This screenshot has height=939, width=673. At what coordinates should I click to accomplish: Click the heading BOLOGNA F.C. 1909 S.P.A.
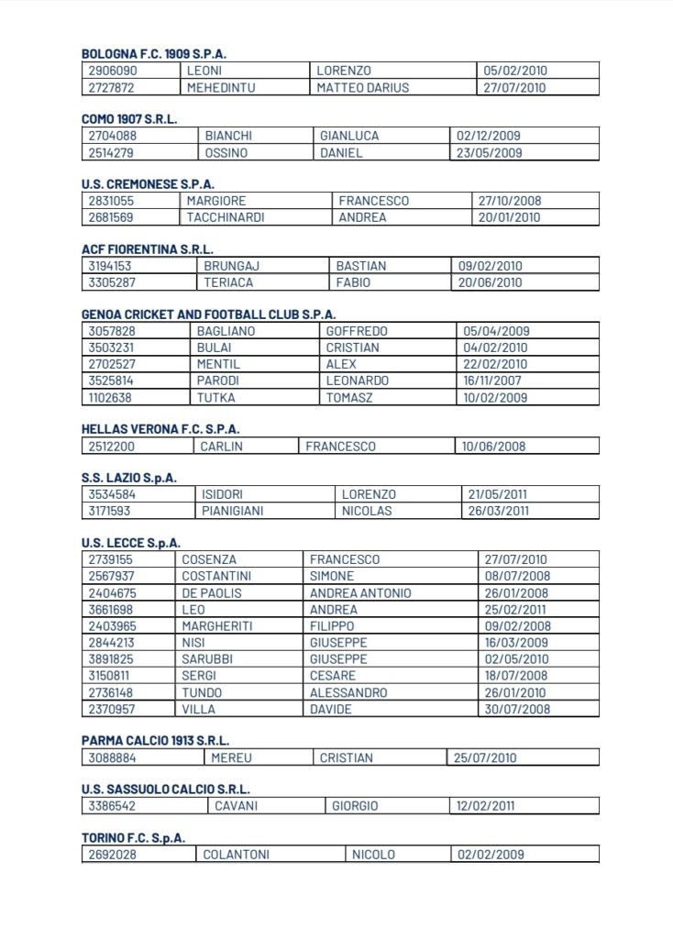[x=154, y=54]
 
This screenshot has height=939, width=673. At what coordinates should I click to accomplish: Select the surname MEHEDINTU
[x=221, y=88]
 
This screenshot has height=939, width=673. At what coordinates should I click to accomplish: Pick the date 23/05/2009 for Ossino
[x=489, y=153]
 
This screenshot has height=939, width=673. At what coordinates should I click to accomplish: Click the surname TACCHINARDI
[x=224, y=218]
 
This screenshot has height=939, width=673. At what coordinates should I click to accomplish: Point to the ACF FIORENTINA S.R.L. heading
[x=147, y=249]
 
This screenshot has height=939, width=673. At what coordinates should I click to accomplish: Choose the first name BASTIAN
[x=361, y=266]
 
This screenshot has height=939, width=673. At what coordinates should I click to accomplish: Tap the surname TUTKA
[x=215, y=397]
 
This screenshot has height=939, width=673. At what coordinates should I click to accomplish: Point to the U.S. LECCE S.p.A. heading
[x=131, y=542]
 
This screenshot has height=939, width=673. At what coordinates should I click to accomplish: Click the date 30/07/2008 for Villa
[x=514, y=710]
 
